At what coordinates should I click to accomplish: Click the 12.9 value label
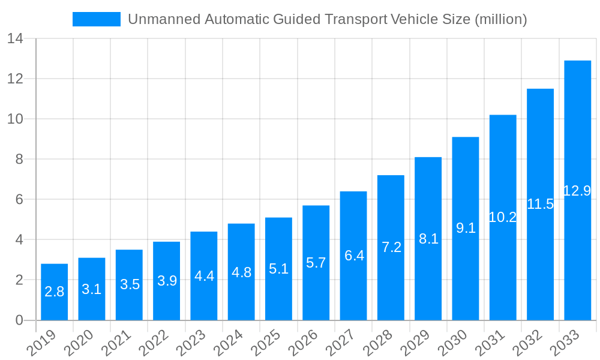coord(577,191)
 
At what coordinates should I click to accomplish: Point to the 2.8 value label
coord(54,292)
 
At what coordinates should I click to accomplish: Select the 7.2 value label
coord(391,247)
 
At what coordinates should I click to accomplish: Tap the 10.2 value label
coord(503,217)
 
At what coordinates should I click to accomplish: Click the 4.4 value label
coord(204,276)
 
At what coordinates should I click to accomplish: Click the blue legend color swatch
coord(96,19)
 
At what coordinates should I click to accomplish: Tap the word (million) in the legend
coord(500,19)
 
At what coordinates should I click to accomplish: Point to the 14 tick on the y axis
coord(16,38)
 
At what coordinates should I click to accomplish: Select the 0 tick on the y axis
coord(19,320)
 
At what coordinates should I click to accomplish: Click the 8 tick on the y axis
coord(19,159)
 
